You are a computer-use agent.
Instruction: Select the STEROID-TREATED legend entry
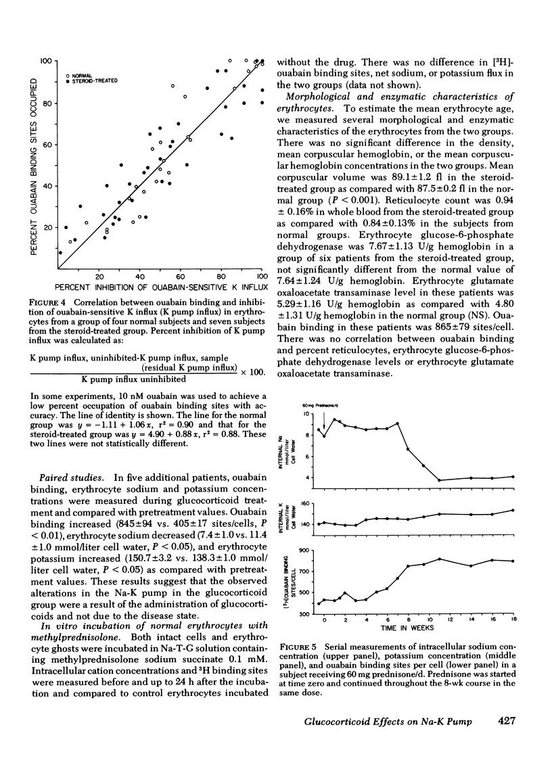pyautogui.click(x=91, y=80)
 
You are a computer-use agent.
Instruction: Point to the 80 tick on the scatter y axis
pyautogui.click(x=47, y=103)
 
